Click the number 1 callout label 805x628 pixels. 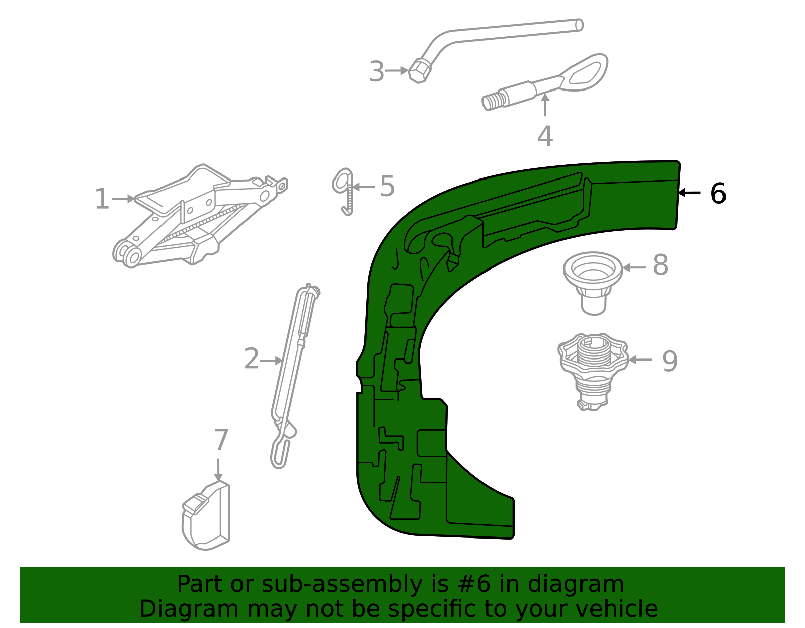[102, 199]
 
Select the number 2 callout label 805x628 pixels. [252, 358]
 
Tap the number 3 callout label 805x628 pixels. [377, 71]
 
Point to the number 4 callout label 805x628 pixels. [545, 136]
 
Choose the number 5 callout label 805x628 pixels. [387, 186]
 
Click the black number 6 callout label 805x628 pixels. [718, 193]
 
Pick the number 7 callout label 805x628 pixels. [221, 439]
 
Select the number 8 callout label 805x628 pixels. [661, 265]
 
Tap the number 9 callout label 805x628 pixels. [670, 361]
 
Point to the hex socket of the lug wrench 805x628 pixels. [419, 70]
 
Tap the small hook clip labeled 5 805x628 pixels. [344, 192]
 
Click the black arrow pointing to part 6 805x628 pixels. [689, 193]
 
